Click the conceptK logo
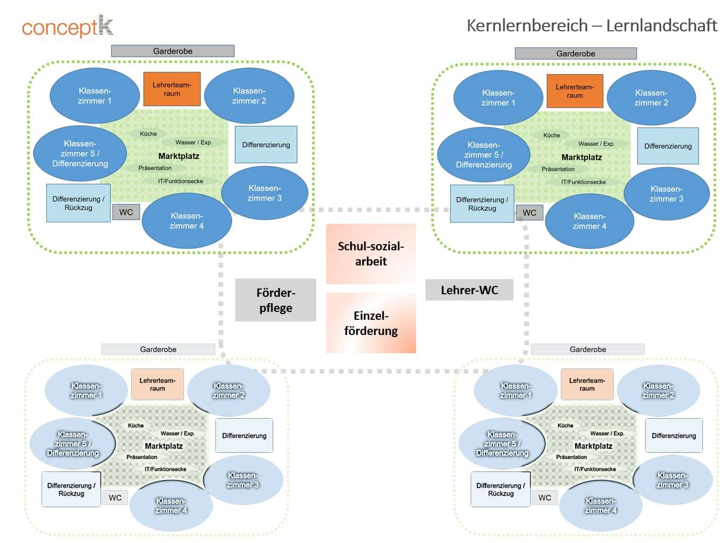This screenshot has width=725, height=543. point(67,26)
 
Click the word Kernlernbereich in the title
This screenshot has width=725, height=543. point(527,25)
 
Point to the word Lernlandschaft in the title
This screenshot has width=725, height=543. point(661,25)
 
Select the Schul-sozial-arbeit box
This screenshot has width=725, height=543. point(371,254)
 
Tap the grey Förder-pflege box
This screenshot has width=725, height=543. point(275,300)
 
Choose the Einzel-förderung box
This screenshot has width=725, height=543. point(371,323)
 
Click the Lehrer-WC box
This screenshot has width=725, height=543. point(469,290)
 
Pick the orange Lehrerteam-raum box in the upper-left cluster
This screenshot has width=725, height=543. point(172,89)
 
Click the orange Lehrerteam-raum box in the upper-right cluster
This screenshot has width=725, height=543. point(574,91)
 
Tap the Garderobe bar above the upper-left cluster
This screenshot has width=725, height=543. point(172,51)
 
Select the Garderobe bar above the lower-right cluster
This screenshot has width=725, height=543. point(588,349)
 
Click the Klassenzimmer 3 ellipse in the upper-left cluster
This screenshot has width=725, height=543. point(264,193)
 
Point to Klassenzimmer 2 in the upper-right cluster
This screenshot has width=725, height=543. point(651,98)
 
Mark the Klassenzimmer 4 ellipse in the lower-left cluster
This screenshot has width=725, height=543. point(171,505)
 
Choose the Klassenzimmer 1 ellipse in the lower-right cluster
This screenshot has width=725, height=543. point(515,390)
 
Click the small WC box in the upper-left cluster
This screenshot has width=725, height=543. point(126,212)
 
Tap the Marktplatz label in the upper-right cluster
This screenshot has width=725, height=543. point(581,157)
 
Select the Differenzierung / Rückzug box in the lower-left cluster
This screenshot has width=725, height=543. point(71,489)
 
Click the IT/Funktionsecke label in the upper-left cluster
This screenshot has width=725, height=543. point(180,181)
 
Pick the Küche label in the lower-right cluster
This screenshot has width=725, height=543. point(565,425)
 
